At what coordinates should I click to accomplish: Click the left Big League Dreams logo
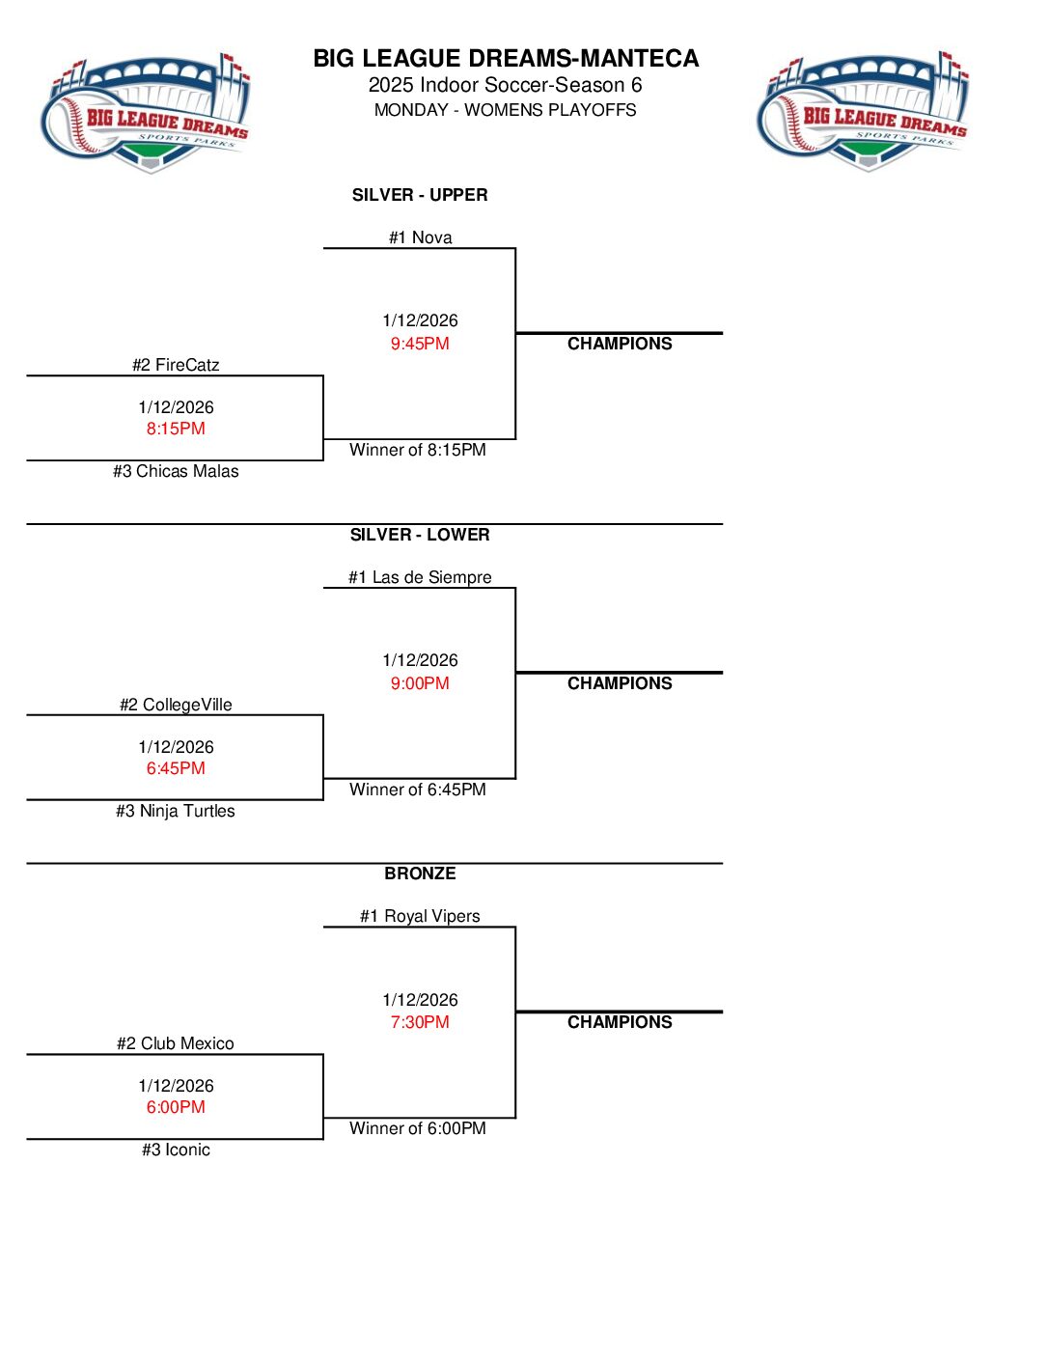point(146,114)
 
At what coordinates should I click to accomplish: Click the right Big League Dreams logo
point(864,112)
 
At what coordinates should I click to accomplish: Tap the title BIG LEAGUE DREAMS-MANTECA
point(506,59)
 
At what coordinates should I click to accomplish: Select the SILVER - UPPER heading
point(420,195)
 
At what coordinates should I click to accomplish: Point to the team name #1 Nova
point(420,237)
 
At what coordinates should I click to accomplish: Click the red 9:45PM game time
point(420,344)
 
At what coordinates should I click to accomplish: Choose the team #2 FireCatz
point(176,365)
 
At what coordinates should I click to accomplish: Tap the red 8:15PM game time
point(176,429)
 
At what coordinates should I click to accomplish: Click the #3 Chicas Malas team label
point(176,471)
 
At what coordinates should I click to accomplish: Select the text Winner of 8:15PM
point(418,450)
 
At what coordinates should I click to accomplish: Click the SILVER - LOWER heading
point(420,535)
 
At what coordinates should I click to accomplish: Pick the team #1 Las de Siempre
point(420,577)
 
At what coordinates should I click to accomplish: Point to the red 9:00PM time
point(420,683)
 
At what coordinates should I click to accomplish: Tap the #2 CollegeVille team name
point(176,705)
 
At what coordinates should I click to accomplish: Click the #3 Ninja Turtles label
point(176,811)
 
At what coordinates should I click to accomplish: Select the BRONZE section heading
point(420,874)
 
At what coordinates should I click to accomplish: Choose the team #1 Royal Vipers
point(420,916)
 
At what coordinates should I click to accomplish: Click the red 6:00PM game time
point(176,1107)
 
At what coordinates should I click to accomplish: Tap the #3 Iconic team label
point(176,1150)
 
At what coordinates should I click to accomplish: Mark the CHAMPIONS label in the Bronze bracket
point(620,1022)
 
